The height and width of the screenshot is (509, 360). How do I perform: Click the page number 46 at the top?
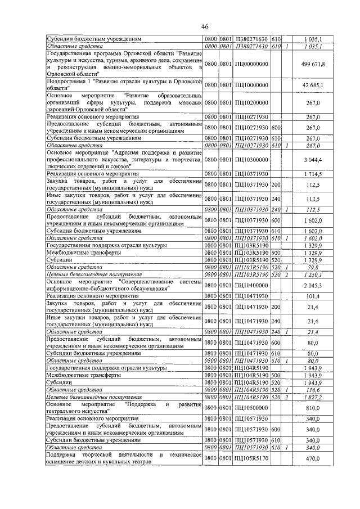204,26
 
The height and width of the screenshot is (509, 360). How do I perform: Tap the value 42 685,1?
312,85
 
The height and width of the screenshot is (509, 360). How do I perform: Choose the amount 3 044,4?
313,160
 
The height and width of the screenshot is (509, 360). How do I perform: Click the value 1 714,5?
313,175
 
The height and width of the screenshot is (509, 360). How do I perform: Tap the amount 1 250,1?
313,274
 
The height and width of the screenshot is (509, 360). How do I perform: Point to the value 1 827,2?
313,396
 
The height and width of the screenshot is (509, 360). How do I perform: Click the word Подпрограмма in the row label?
64,82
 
